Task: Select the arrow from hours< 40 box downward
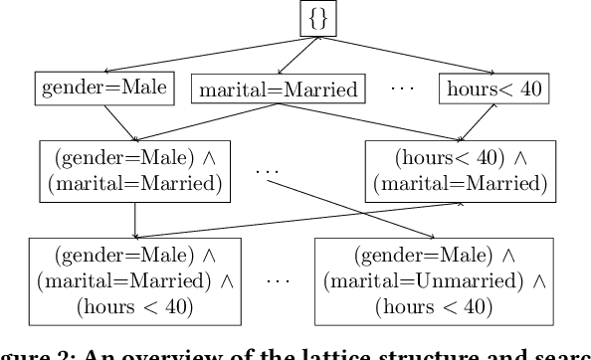point(479,123)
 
